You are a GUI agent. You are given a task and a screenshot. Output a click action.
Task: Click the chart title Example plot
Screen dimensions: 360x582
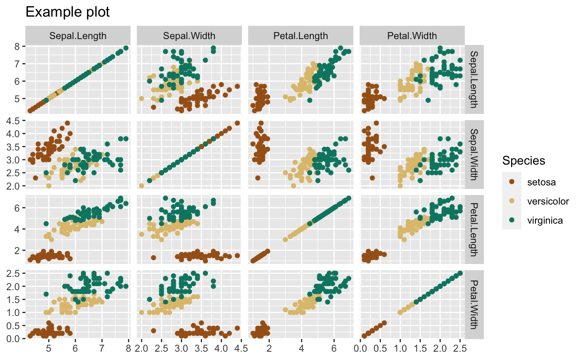[x=67, y=12]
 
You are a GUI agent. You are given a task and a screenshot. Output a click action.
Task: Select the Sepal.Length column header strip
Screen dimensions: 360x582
[x=78, y=36]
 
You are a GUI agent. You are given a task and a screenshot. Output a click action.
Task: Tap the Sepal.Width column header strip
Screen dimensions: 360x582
[x=189, y=36]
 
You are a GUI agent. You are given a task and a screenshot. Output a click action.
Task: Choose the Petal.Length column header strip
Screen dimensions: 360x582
[x=301, y=36]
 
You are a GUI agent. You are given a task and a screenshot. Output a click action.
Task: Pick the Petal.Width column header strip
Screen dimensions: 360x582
[x=412, y=36]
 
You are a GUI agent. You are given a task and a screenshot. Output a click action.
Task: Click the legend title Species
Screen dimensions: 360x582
[x=523, y=160]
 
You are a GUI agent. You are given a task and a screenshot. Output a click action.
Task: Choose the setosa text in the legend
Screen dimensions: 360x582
[x=541, y=182]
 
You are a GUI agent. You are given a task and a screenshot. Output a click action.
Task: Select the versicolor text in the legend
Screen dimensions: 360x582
[x=547, y=201]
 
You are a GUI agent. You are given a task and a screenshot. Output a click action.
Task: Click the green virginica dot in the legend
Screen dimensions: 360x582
[x=512, y=221]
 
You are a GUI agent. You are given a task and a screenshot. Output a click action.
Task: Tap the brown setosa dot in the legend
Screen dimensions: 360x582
[x=512, y=182]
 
